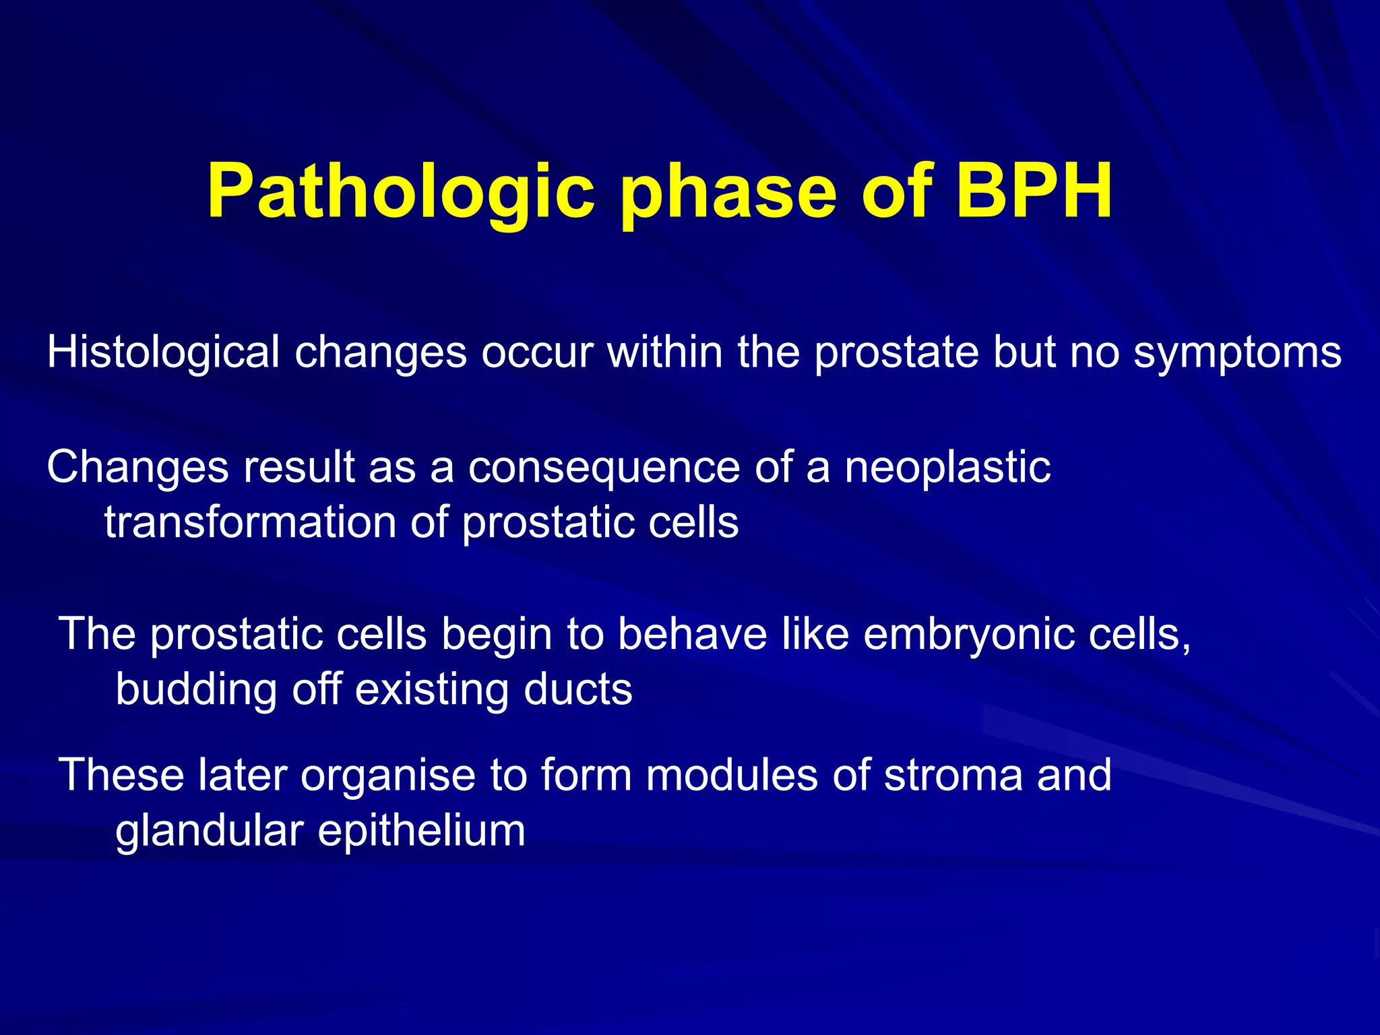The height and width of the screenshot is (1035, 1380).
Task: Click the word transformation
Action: (249, 522)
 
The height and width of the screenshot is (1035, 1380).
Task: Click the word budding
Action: (196, 690)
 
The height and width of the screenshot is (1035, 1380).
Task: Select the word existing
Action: (432, 690)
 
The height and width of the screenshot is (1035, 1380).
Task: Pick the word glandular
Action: (209, 832)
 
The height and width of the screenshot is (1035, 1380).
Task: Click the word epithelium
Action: (421, 832)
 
